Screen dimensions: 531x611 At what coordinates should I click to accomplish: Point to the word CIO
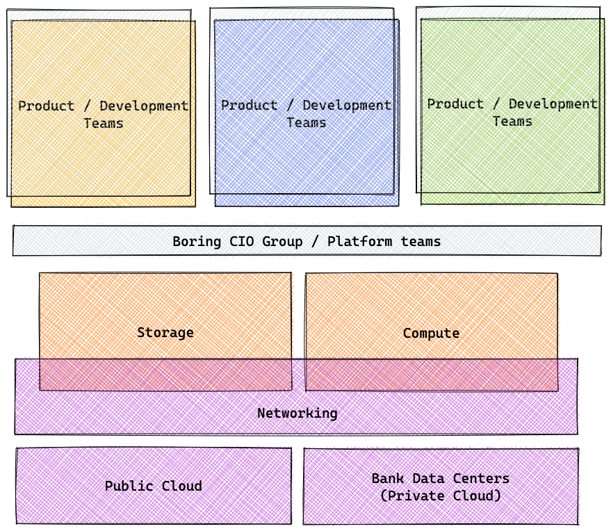pos(241,242)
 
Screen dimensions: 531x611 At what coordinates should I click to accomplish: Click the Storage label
pos(165,332)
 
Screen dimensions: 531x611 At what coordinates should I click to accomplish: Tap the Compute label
pos(431,333)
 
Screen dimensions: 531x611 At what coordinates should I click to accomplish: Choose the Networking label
pos(297,413)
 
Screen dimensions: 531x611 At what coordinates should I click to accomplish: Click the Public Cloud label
pos(154,486)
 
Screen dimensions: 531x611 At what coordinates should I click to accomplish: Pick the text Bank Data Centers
pos(441,478)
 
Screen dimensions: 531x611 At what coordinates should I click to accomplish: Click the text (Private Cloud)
pos(441,496)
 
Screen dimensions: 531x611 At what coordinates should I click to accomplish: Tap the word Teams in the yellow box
pos(103,123)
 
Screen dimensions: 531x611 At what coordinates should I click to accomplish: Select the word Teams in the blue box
pos(306,122)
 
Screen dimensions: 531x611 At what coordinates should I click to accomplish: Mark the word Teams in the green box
pos(512,121)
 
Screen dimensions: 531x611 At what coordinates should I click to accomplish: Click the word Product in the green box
pos(455,104)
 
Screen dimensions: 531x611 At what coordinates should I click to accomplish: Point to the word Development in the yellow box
pos(144,106)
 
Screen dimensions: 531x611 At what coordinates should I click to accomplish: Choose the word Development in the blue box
pos(347,105)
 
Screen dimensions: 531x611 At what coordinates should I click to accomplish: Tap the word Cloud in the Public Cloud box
pos(182,486)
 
